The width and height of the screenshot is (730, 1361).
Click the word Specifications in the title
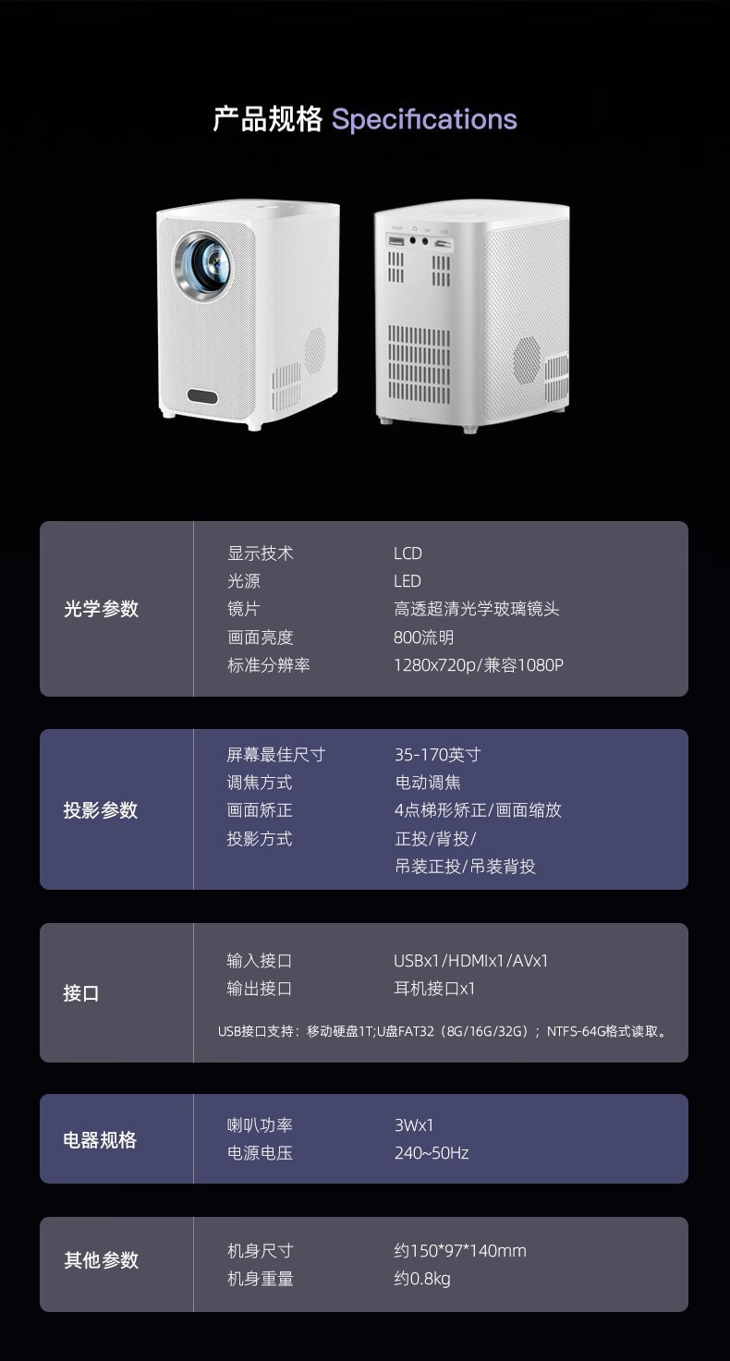tap(424, 120)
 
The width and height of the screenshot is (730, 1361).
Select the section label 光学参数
tap(101, 609)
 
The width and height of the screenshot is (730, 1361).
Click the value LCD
tap(408, 553)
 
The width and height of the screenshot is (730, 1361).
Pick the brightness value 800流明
tap(424, 638)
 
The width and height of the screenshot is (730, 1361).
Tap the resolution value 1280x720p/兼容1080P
tap(478, 665)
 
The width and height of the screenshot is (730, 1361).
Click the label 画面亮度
tap(261, 638)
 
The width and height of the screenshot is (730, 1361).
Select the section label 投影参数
tap(101, 810)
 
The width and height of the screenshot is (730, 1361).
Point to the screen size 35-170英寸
tap(438, 755)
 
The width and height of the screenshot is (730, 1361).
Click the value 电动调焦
tap(428, 783)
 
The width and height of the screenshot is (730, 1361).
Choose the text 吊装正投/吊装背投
tap(466, 866)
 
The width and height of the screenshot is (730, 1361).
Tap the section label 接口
tap(81, 993)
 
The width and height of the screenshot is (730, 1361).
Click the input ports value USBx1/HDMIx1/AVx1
tap(471, 961)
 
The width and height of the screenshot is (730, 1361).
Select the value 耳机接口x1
tap(434, 989)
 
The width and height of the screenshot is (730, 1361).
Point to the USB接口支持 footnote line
tap(442, 1031)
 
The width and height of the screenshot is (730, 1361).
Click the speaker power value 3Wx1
tap(414, 1125)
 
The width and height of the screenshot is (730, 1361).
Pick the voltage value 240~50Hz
tap(432, 1153)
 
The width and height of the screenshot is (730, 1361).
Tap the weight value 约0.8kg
tap(422, 1279)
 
